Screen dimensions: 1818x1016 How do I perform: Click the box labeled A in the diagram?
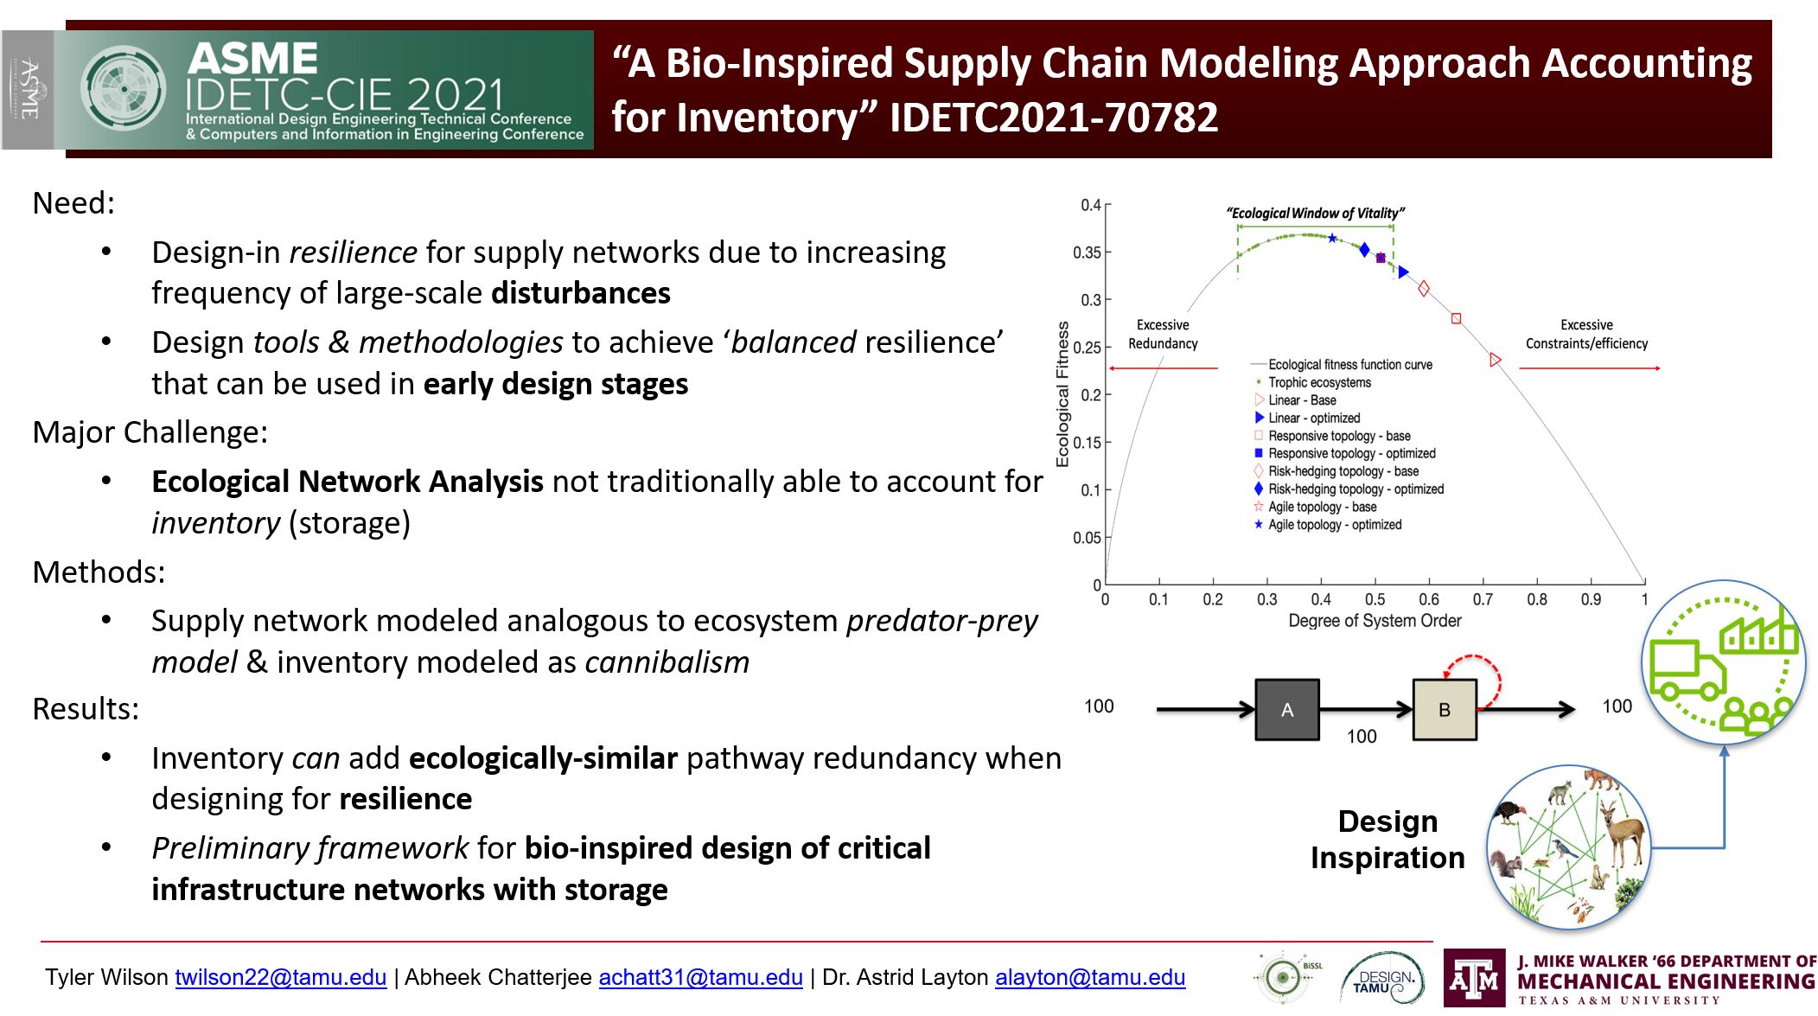click(x=1287, y=709)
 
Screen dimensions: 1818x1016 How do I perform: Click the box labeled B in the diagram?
click(x=1445, y=709)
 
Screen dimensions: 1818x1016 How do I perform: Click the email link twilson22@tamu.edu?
click(x=281, y=977)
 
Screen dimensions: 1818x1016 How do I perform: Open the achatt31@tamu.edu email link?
click(x=701, y=977)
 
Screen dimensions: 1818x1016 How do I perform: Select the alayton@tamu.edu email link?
click(x=1090, y=977)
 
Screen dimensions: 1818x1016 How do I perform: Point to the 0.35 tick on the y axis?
click(x=1087, y=252)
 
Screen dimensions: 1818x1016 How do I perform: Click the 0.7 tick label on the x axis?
click(x=1483, y=599)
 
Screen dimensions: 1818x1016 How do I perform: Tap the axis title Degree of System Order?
click(x=1375, y=621)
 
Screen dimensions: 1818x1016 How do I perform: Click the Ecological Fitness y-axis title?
click(x=1062, y=394)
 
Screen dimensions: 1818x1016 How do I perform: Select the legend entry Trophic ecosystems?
click(x=1319, y=382)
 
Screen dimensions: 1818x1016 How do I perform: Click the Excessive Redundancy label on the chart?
click(x=1163, y=334)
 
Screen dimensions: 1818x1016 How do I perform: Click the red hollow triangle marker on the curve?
click(x=1496, y=360)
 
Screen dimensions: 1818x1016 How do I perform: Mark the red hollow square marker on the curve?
click(x=1456, y=319)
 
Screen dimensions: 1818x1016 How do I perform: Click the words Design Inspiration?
click(x=1387, y=839)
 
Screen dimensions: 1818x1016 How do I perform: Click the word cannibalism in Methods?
click(x=667, y=662)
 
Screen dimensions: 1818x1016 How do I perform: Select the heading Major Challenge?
click(x=150, y=432)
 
